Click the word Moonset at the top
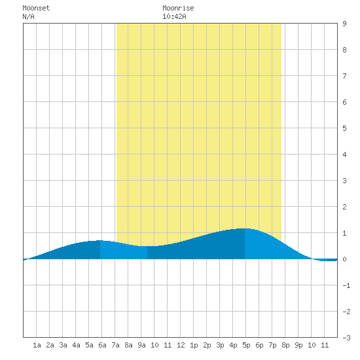pos(36,8)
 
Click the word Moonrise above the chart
pos(178,8)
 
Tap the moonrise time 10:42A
pos(174,16)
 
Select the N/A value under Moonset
pos(28,16)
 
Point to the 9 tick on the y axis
pos(344,24)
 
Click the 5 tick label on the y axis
pos(344,128)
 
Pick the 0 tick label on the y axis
pos(344,259)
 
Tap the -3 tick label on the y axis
pos(346,338)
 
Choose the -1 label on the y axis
pos(346,285)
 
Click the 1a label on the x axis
pos(37,345)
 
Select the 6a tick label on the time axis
pos(102,345)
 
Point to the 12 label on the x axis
pos(181,345)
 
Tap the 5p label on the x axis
pos(246,345)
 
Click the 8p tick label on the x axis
pos(285,345)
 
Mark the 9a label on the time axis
pos(141,345)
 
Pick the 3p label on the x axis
pos(220,345)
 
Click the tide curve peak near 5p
pos(244,228)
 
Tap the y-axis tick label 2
pos(344,207)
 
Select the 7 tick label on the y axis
pos(344,76)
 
